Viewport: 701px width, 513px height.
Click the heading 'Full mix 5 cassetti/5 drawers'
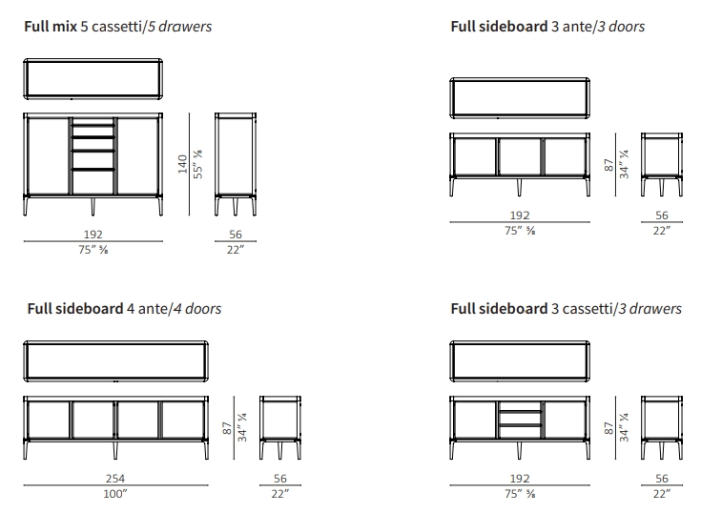pyautogui.click(x=118, y=27)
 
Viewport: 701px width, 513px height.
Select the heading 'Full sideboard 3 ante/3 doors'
pyautogui.click(x=547, y=27)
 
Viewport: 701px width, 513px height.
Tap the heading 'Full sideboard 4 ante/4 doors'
pyautogui.click(x=124, y=309)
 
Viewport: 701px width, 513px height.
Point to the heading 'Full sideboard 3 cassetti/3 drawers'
pyautogui.click(x=566, y=309)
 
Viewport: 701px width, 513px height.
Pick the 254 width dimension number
pyautogui.click(x=115, y=479)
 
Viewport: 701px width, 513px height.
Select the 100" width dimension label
pyautogui.click(x=115, y=494)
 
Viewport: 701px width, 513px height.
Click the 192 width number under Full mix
pyautogui.click(x=93, y=234)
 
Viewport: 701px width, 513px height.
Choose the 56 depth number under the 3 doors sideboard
pyautogui.click(x=662, y=216)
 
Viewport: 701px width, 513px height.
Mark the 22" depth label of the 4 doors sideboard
pyautogui.click(x=280, y=494)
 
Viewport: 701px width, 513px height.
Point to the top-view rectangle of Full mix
pyautogui.click(x=93, y=79)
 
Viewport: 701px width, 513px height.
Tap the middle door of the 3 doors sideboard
pyautogui.click(x=520, y=157)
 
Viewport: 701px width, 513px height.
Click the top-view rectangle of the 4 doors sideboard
pyautogui.click(x=115, y=360)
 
